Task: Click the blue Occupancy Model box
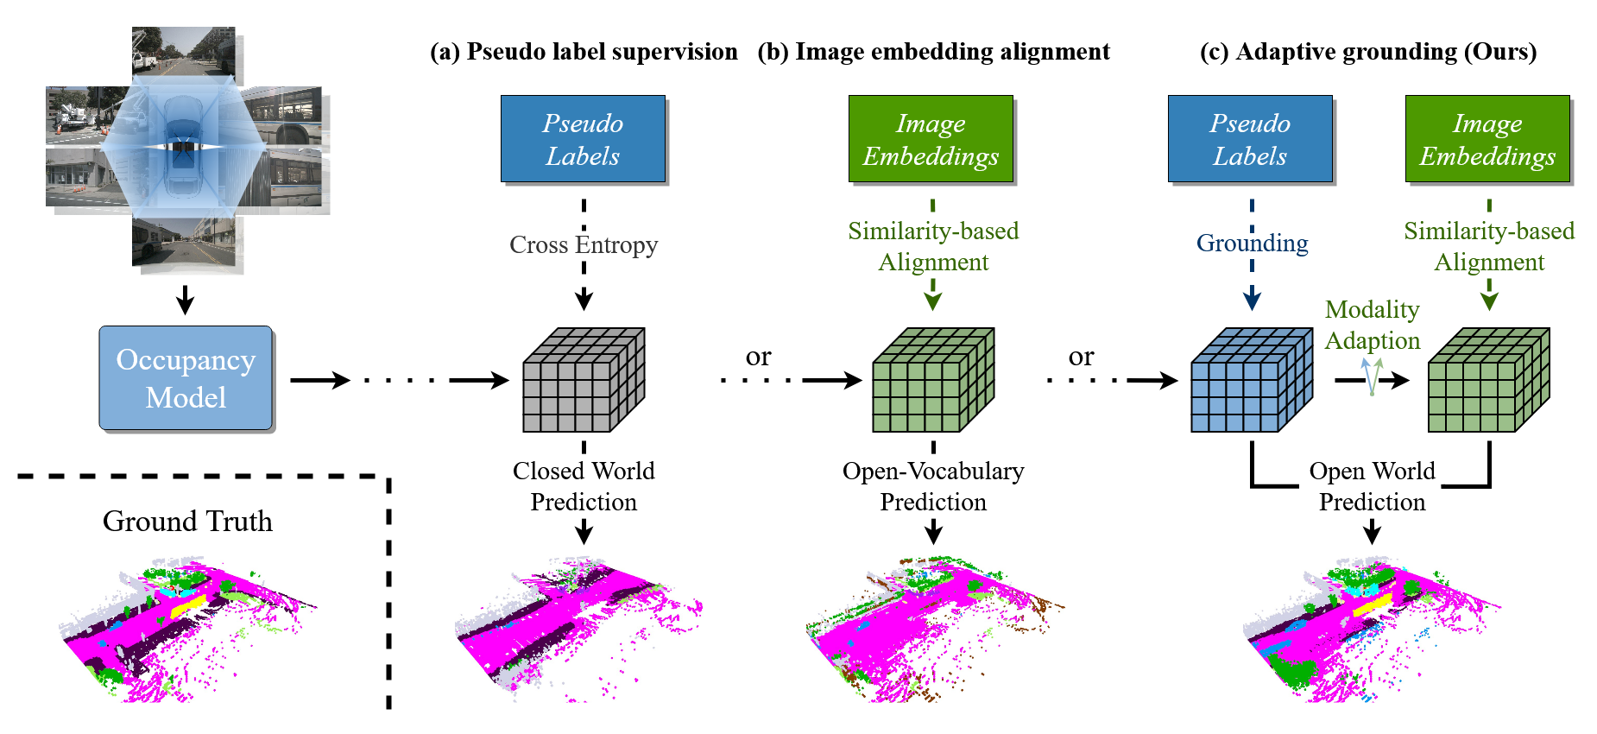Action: click(x=186, y=377)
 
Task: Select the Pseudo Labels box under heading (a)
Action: click(x=583, y=139)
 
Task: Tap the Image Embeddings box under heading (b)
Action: click(x=931, y=139)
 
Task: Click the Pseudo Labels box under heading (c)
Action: click(x=1250, y=139)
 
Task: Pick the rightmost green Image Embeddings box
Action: click(x=1487, y=139)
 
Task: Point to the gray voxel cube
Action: click(x=584, y=380)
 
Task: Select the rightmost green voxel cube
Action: click(x=1488, y=380)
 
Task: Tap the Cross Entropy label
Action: click(x=584, y=245)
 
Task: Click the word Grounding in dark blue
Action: click(x=1252, y=244)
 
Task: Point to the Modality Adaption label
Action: click(x=1373, y=325)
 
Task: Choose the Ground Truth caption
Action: click(x=187, y=522)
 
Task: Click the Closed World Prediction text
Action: click(x=584, y=486)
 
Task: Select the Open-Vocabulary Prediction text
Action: click(x=933, y=486)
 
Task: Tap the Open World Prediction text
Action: click(x=1372, y=486)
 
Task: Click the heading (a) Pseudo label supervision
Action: click(x=584, y=52)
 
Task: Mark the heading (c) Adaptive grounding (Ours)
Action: click(x=1368, y=52)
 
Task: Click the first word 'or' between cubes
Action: click(x=758, y=357)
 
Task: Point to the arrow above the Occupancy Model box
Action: click(x=185, y=300)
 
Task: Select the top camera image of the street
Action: click(x=184, y=53)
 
